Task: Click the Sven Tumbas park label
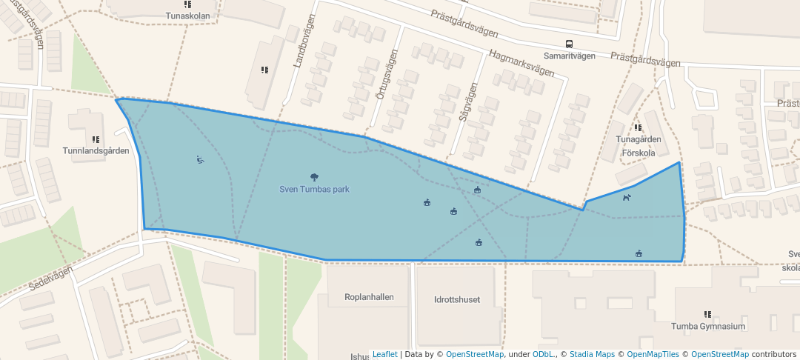314,189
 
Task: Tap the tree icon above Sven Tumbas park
315,177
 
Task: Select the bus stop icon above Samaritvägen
569,44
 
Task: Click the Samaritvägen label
570,56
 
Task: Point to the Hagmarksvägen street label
521,63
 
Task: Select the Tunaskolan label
187,15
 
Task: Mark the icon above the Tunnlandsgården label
95,139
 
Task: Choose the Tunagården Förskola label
637,145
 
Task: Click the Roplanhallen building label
369,297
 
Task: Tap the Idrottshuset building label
457,300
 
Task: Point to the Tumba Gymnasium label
707,326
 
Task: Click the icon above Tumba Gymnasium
707,314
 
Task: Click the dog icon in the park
627,197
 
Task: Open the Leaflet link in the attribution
384,354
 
